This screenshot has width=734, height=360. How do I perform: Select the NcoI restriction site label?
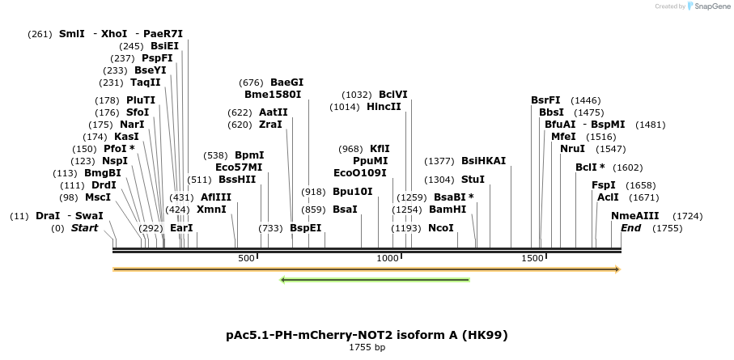tap(441, 228)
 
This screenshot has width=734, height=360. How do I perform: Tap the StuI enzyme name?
tap(473, 179)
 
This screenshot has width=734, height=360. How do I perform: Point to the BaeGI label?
tap(286, 83)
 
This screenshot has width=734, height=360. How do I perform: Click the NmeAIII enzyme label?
tap(635, 216)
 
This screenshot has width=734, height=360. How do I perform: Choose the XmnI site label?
tap(211, 210)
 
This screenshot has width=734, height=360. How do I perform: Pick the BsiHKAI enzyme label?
tap(483, 161)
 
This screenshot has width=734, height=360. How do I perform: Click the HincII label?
tap(384, 107)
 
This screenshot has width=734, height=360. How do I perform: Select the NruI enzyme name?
tap(572, 149)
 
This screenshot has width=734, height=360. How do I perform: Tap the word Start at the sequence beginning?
tap(84, 228)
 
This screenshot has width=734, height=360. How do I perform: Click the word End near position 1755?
tap(630, 228)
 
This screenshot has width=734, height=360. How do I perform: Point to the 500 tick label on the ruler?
tap(247, 258)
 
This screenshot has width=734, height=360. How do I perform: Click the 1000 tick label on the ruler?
tap(388, 258)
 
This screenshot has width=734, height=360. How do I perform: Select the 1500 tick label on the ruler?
tap(532, 258)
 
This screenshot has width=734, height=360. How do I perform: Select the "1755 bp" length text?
tap(367, 348)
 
